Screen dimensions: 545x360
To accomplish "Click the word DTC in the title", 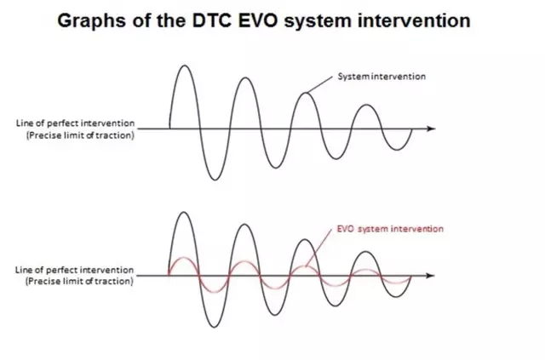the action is [x=212, y=20].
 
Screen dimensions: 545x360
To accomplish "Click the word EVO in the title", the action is [x=258, y=20].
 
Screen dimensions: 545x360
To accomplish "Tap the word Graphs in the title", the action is [x=91, y=21].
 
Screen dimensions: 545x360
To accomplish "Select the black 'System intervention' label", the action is [x=381, y=77].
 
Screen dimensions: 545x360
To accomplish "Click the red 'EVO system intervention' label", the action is [x=390, y=229].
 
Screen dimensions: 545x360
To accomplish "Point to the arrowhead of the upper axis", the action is [x=431, y=129].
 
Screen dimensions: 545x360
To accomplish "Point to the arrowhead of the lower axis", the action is [x=430, y=276].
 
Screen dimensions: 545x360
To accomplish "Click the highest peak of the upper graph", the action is [x=185, y=66].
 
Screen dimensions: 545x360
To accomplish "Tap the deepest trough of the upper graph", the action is [x=215, y=180].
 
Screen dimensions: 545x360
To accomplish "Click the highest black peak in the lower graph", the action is [x=184, y=212].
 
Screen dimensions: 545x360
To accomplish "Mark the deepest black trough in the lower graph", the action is [x=214, y=327].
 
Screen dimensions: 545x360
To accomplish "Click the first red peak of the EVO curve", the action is [x=184, y=258].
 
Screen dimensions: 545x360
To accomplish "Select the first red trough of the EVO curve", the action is [x=214, y=292].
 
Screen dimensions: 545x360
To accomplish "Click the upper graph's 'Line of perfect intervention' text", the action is [x=75, y=123].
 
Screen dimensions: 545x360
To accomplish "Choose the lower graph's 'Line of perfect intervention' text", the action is [x=74, y=270].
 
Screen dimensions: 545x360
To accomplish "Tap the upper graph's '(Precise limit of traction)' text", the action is [x=80, y=135].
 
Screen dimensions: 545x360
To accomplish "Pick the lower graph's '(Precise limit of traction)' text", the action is [x=79, y=281].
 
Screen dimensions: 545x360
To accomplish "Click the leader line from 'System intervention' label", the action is [x=320, y=84].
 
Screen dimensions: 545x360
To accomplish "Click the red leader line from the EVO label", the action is [x=318, y=248].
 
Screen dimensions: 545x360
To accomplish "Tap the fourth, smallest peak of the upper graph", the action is [x=366, y=105].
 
